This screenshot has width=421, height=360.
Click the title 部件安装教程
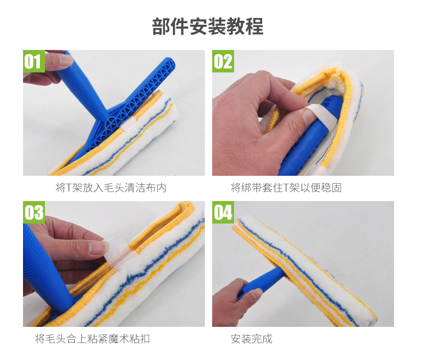(x=208, y=26)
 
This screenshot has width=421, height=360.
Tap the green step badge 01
(x=34, y=61)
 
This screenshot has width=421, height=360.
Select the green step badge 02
(x=223, y=61)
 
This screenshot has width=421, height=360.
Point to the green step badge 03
(x=34, y=212)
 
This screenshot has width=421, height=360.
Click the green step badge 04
(x=223, y=212)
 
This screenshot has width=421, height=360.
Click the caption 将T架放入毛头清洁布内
(x=111, y=188)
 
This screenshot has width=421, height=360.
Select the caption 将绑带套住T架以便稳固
(x=286, y=188)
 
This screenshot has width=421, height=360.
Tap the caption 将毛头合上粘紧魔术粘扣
(x=93, y=339)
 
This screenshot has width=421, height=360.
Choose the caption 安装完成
(x=251, y=339)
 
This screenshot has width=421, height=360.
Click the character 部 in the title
(x=161, y=26)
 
